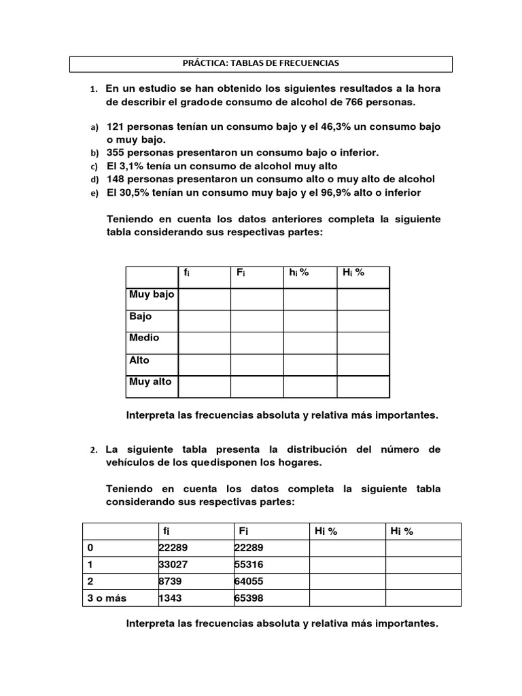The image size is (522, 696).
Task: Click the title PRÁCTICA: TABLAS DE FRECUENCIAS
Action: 261,63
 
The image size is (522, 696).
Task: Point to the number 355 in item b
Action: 116,153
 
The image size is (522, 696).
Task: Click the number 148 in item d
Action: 116,179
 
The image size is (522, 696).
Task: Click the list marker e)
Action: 94,193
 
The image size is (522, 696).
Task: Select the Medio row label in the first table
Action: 144,338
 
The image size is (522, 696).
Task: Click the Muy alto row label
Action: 150,381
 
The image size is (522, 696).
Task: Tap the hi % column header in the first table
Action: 299,273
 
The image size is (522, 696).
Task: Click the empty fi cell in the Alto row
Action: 204,364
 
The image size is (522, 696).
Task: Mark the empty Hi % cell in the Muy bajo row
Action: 363,299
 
